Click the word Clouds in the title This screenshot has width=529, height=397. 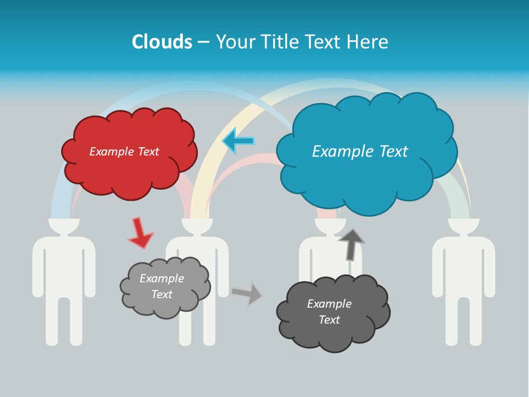[162, 42]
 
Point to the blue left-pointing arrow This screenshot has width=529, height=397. [237, 141]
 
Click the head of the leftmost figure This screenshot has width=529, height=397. [64, 226]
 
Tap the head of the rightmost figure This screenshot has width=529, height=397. [463, 226]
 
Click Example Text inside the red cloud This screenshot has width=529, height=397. [124, 152]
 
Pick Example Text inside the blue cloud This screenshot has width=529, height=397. [360, 152]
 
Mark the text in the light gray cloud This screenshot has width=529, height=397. [161, 286]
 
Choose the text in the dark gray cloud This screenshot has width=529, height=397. [329, 312]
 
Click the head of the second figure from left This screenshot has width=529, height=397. [197, 226]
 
